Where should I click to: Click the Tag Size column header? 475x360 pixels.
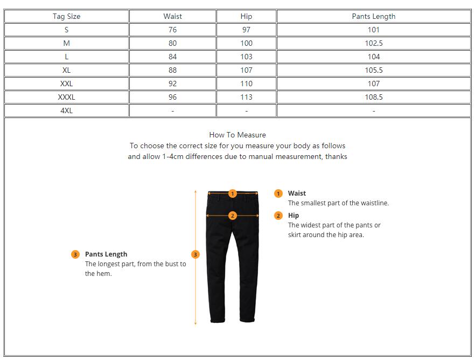coord(66,16)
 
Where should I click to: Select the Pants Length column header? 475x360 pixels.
coord(373,16)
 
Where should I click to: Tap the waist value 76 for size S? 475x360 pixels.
coord(172,30)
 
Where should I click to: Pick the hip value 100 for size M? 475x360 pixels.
coord(246,43)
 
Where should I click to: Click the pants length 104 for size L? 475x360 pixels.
coord(373,57)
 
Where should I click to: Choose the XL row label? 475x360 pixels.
coord(66,70)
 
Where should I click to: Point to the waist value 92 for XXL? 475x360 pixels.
coord(172,84)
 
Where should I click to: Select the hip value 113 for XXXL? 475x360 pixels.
coord(246,97)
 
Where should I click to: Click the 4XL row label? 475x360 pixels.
coord(66,110)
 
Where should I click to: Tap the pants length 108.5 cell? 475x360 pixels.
coord(373,97)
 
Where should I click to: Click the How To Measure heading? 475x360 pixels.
coord(237,135)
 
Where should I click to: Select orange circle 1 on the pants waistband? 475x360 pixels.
coord(233,193)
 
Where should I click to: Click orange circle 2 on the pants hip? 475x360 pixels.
coord(233,216)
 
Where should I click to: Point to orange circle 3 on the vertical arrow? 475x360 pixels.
coord(195,254)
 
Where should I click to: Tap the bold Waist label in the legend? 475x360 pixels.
coord(297,193)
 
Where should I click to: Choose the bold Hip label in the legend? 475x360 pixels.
coord(294,215)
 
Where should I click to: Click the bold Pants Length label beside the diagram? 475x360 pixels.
coord(106,254)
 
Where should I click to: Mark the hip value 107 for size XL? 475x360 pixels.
coord(246,70)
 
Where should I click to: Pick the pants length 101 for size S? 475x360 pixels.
coord(373,30)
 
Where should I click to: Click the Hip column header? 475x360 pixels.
coord(246,16)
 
